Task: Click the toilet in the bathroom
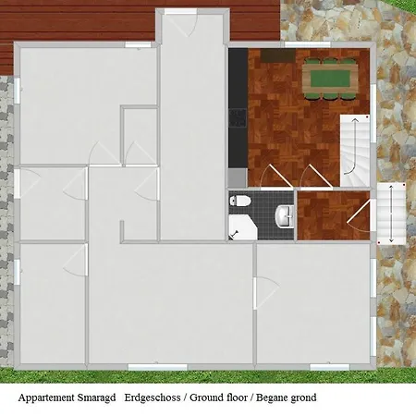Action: [240, 201]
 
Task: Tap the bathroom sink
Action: [285, 216]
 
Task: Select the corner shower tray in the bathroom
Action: [242, 227]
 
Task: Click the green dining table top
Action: [330, 79]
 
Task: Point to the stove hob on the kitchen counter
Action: [238, 117]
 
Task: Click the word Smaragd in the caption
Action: [96, 398]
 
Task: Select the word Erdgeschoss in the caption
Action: [153, 398]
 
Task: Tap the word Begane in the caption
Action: [271, 398]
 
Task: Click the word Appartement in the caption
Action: [46, 398]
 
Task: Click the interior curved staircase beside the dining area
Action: [354, 151]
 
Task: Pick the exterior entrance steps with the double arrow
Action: [391, 214]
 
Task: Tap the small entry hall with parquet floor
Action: [334, 215]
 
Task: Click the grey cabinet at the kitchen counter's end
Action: [238, 177]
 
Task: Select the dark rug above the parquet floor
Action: [278, 55]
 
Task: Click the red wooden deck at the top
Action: [140, 21]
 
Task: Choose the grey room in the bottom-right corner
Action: [313, 303]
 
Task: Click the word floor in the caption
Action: [238, 398]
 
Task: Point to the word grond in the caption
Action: [302, 398]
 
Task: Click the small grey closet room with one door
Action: [141, 136]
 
